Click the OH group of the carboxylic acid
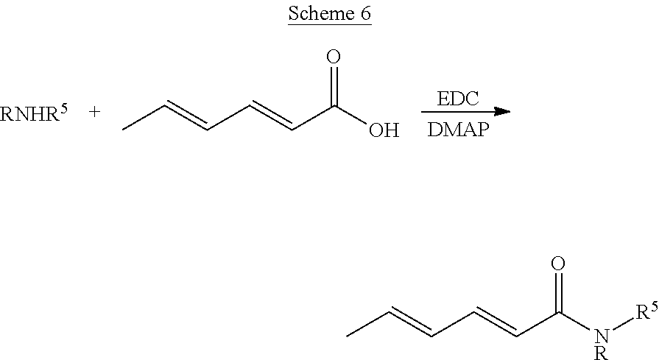[384, 131]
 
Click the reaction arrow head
[503, 112]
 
